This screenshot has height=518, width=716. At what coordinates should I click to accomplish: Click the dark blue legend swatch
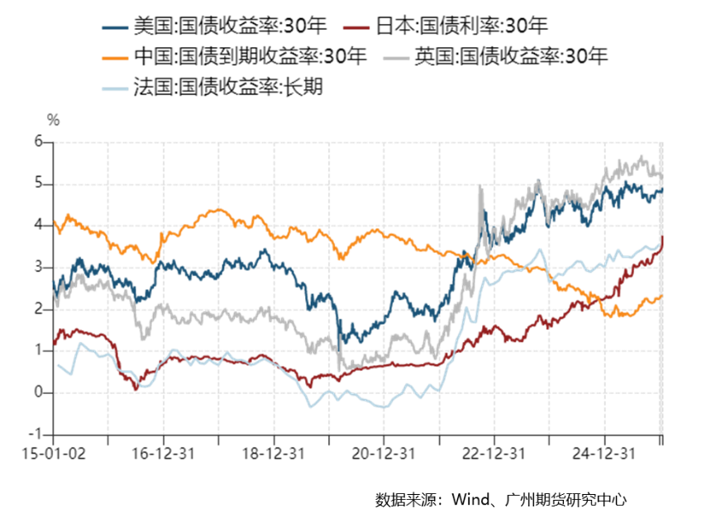pos(115,28)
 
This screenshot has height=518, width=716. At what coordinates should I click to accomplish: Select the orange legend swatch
pos(115,59)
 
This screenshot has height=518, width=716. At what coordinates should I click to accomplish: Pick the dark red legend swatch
pos(356,28)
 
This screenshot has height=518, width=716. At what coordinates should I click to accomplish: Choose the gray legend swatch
pos(397,59)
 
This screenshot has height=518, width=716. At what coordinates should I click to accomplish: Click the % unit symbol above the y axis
pos(53,121)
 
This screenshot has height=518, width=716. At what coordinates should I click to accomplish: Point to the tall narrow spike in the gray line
pos(480,189)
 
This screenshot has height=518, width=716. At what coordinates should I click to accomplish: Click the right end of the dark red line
pos(662,238)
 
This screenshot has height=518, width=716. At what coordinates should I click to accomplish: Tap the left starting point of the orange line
pos(54,221)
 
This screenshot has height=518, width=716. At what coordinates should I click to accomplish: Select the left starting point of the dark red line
pos(54,344)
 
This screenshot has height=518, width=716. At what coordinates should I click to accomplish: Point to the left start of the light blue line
pos(55,364)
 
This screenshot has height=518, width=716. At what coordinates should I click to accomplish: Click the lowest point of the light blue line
pos(384,408)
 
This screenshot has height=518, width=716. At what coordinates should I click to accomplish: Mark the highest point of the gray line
pos(642,156)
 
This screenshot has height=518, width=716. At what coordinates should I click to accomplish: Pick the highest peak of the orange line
pos(217,208)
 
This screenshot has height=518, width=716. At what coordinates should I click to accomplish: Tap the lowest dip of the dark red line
pos(137,388)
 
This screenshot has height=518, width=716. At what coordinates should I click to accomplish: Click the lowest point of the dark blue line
pos(346,342)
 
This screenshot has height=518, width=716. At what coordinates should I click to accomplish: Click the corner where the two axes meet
pos(54,435)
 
